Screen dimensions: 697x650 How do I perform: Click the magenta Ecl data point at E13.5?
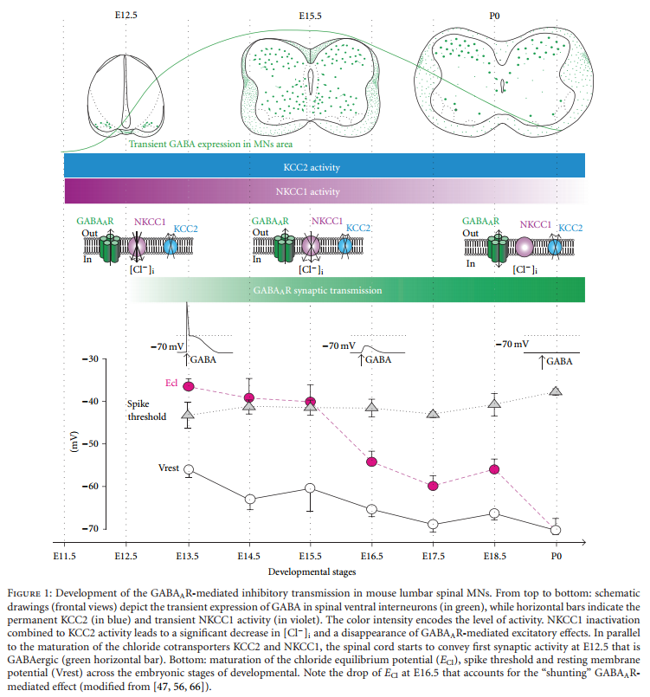188,385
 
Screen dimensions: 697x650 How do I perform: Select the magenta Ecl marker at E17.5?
433,486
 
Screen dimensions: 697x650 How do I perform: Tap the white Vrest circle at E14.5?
250,500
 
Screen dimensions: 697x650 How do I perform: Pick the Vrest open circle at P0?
556,530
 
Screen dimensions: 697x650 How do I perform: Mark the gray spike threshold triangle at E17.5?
433,415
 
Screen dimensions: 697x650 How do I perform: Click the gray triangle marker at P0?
556,391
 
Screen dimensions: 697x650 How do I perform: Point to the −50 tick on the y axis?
88,443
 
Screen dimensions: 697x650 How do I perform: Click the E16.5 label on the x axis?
371,554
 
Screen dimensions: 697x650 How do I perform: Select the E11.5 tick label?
64,554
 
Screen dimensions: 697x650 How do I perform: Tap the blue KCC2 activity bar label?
324,165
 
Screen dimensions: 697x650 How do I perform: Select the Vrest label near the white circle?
169,468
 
